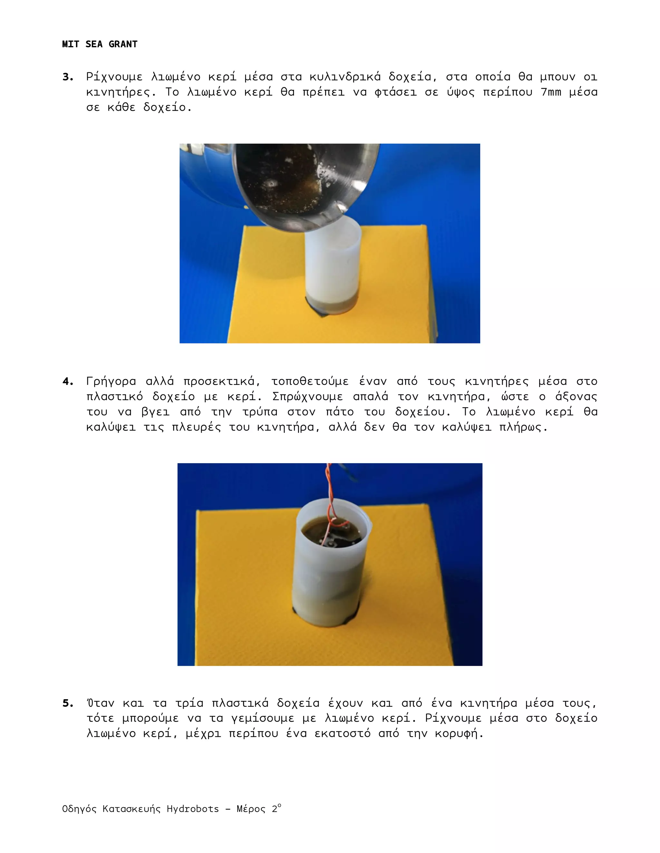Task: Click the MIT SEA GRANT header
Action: click(100, 44)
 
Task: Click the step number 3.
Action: click(68, 77)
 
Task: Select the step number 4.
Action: click(68, 381)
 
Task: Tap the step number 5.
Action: click(68, 703)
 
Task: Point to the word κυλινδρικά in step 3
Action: click(345, 77)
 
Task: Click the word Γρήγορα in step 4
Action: click(112, 381)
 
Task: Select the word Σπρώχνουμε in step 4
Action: click(307, 397)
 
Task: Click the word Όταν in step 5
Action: click(101, 703)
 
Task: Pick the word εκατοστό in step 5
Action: click(343, 734)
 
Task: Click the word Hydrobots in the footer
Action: click(192, 809)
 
